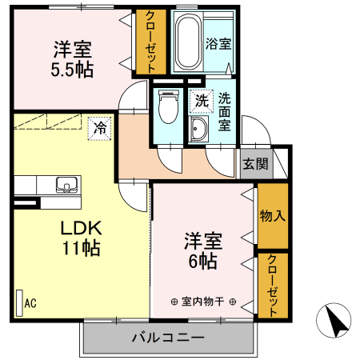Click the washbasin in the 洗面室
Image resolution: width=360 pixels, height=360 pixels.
[198, 131]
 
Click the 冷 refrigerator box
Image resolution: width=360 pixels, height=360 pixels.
[100, 127]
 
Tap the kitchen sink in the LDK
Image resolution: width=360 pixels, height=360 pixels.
[65, 184]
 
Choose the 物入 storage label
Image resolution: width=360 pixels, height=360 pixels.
[273, 216]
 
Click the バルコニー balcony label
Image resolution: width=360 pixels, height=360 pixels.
[168, 337]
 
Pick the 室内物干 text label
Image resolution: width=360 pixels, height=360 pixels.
[203, 302]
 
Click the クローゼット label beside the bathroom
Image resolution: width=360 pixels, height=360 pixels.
[146, 42]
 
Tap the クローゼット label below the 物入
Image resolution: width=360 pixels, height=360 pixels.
[273, 283]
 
